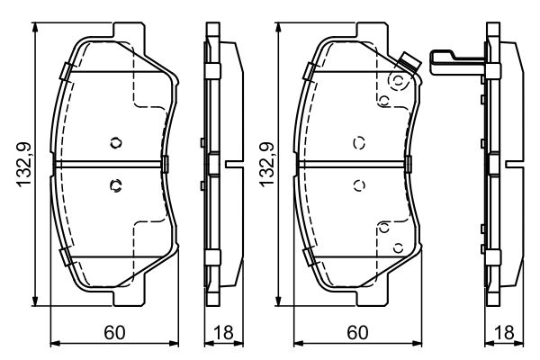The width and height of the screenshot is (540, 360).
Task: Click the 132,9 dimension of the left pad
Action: pos(24,165)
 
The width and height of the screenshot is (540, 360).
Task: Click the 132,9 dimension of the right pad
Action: pos(267,165)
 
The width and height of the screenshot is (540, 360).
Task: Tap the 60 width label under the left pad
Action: pos(114,332)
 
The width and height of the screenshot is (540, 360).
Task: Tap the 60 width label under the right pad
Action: pos(357,332)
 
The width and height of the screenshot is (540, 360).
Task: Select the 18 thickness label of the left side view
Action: pos(223,332)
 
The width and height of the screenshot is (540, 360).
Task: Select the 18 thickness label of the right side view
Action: pos(504,332)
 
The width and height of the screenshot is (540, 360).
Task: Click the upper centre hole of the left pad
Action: pos(116,142)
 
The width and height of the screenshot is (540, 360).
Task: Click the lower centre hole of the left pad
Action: pos(116,185)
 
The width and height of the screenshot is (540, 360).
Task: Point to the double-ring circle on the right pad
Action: pos(399,81)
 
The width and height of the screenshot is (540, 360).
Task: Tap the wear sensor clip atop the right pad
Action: pos(409,63)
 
